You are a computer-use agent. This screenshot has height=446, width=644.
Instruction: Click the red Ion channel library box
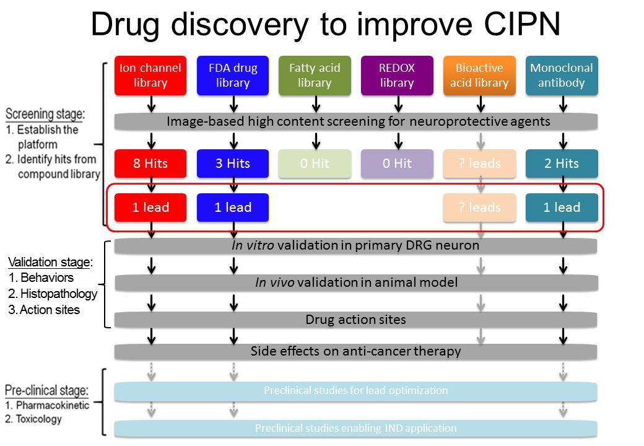point(150,76)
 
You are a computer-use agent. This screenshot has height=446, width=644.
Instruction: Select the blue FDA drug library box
point(233,76)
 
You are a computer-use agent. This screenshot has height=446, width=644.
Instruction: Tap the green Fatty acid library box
point(315,76)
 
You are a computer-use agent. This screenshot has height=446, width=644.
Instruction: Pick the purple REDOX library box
point(397,76)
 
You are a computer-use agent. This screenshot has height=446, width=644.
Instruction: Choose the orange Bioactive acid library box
point(479,76)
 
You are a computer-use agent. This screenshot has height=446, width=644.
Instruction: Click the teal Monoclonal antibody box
point(562,76)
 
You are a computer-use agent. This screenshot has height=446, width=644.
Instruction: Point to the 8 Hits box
point(150,164)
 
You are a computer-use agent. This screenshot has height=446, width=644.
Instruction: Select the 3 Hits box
point(233,164)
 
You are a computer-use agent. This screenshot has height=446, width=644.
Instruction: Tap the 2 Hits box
point(562,164)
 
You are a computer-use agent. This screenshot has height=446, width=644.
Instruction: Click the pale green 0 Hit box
point(315,164)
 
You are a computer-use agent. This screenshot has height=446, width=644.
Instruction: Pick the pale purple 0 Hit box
point(397,164)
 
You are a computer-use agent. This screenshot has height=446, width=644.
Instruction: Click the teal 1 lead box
point(562,208)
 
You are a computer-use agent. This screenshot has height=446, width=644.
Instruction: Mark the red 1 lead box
point(150,208)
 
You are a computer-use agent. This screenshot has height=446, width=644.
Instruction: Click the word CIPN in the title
point(522,24)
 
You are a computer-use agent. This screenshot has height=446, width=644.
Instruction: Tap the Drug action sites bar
point(355,320)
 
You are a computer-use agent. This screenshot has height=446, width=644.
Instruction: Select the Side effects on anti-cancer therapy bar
point(355,352)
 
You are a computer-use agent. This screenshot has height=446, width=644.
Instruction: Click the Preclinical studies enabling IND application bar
point(355,428)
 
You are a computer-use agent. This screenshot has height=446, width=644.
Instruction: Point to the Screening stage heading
point(45,114)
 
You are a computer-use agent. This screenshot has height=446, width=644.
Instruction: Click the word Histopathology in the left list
point(59,294)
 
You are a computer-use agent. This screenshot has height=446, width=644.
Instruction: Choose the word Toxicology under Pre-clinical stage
point(39,419)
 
